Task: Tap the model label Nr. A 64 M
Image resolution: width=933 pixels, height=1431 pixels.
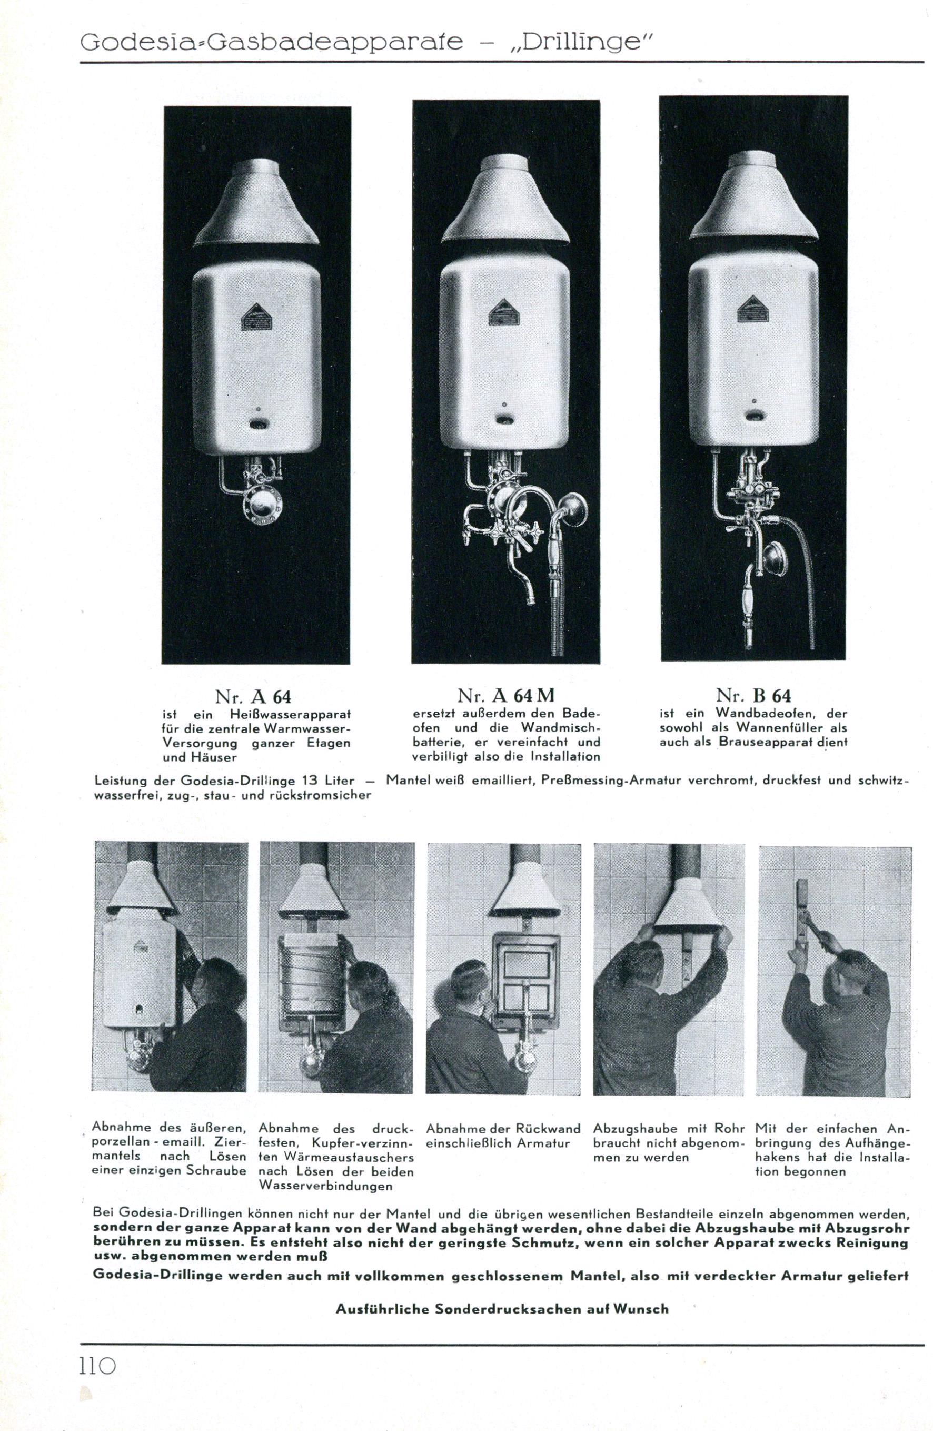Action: click(505, 696)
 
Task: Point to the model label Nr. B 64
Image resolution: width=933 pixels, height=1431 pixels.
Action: click(753, 696)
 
